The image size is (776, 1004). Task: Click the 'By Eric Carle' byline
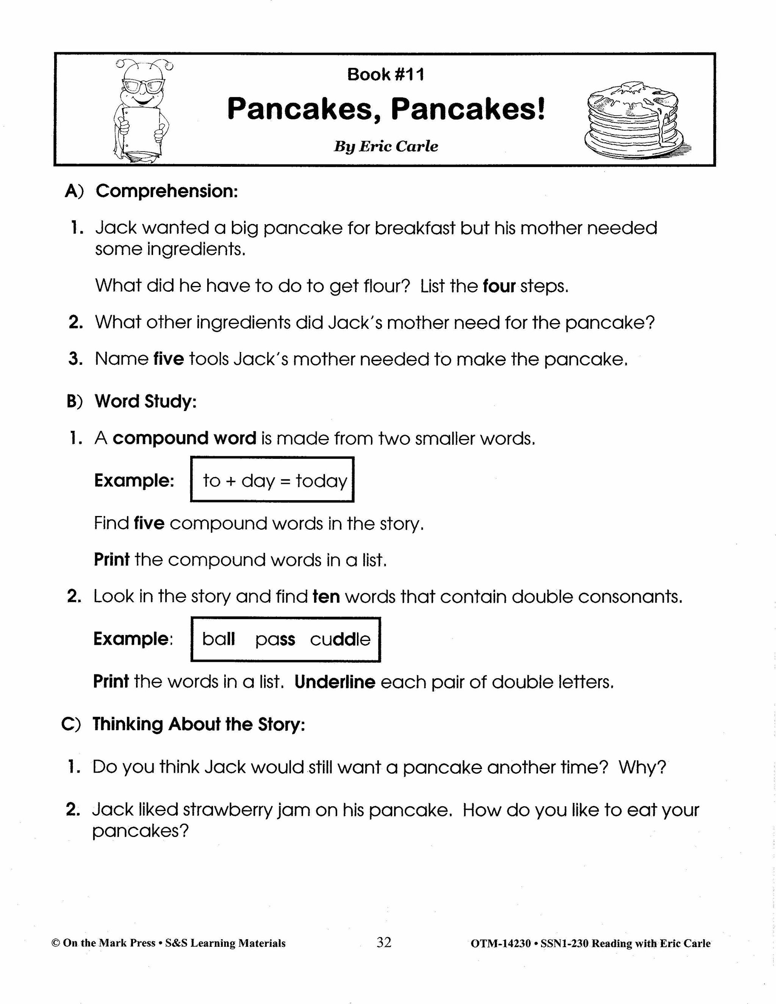[x=385, y=146]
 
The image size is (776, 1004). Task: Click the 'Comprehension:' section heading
[x=166, y=191]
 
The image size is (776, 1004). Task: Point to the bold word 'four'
[x=499, y=286]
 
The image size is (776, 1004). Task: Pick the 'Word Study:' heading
[x=145, y=401]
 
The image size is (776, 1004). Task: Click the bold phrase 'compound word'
[x=185, y=438]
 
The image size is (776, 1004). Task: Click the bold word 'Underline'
[x=335, y=682]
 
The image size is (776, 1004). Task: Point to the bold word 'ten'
[x=326, y=597]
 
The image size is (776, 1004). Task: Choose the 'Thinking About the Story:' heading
[x=199, y=724]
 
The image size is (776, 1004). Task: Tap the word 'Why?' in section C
[x=642, y=767]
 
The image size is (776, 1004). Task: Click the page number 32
[x=384, y=942]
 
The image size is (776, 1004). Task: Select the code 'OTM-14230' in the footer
[x=501, y=943]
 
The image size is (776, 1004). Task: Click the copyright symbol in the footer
[x=56, y=943]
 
